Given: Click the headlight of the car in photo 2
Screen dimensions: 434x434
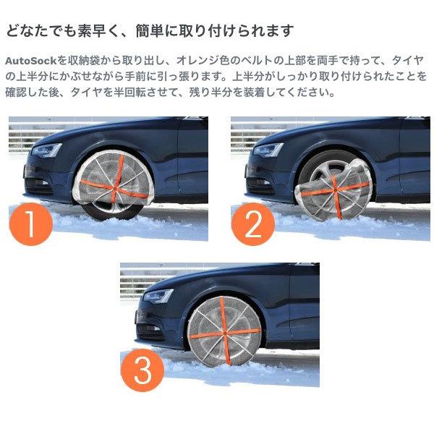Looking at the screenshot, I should [269, 150].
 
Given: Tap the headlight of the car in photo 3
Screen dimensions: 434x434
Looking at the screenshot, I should [158, 296].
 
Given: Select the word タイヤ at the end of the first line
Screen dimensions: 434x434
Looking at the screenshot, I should [411, 60].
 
